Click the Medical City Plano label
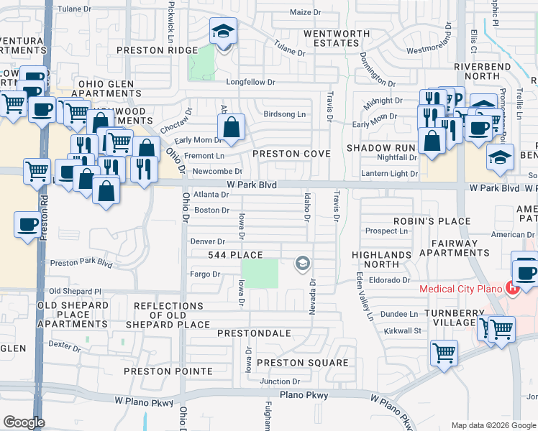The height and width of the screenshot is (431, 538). (461, 289)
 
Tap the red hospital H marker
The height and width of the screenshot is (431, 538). (512, 289)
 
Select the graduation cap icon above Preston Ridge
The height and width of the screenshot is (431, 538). (223, 32)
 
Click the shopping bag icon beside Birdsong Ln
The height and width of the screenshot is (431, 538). (232, 129)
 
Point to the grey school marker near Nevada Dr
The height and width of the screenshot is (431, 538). (303, 265)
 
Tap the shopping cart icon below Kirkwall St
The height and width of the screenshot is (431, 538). (444, 353)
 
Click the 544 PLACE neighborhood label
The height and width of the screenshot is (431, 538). (235, 255)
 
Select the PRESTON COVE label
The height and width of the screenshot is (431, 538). (291, 154)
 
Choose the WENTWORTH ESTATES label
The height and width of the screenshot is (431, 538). (331, 38)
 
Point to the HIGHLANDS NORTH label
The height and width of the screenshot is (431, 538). (381, 260)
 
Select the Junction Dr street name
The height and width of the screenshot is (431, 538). (280, 381)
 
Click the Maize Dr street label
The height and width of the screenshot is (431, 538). (305, 12)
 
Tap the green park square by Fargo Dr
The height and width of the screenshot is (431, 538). (260, 274)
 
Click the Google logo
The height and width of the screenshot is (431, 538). (24, 422)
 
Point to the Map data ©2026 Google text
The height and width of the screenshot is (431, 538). (492, 425)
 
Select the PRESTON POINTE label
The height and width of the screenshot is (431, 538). (168, 371)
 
